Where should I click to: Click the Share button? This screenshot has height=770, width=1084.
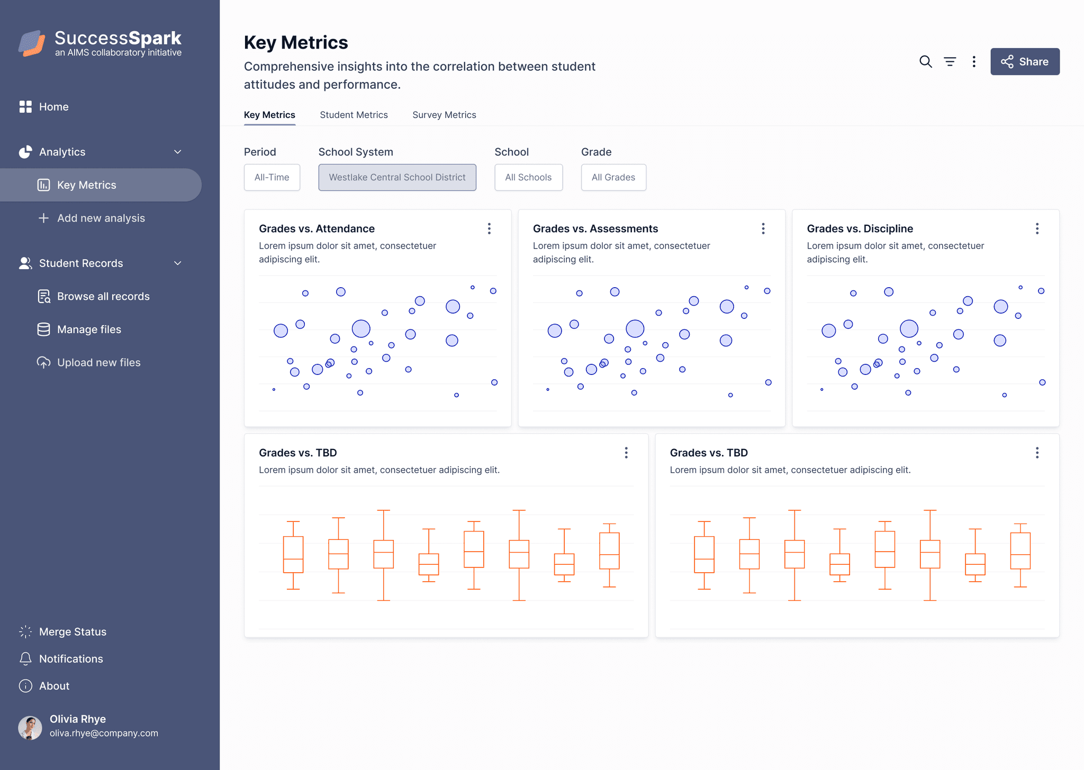1025,61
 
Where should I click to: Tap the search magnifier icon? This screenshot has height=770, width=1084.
925,61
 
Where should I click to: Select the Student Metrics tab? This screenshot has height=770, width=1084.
354,115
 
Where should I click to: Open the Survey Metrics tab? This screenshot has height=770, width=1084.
444,115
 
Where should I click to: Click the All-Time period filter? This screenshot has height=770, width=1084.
272,177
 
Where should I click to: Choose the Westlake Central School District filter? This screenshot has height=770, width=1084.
397,177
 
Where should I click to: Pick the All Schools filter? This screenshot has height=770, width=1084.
528,177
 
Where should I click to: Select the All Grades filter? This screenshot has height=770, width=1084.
613,177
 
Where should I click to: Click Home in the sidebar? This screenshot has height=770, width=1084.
53,107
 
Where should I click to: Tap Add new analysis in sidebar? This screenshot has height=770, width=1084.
101,218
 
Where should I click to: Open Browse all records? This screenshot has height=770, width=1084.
103,296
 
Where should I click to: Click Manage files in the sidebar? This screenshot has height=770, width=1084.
89,329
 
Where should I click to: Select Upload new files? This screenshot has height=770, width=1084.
98,362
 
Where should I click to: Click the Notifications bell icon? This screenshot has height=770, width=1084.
25,658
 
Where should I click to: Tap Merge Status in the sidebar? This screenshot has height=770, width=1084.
73,631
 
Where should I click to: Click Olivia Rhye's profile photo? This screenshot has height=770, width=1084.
30,728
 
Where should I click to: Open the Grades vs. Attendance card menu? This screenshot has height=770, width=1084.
489,228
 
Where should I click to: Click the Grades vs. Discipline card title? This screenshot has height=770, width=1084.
860,228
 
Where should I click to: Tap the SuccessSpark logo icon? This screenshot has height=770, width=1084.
32,43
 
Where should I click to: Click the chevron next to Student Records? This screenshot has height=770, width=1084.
178,263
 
